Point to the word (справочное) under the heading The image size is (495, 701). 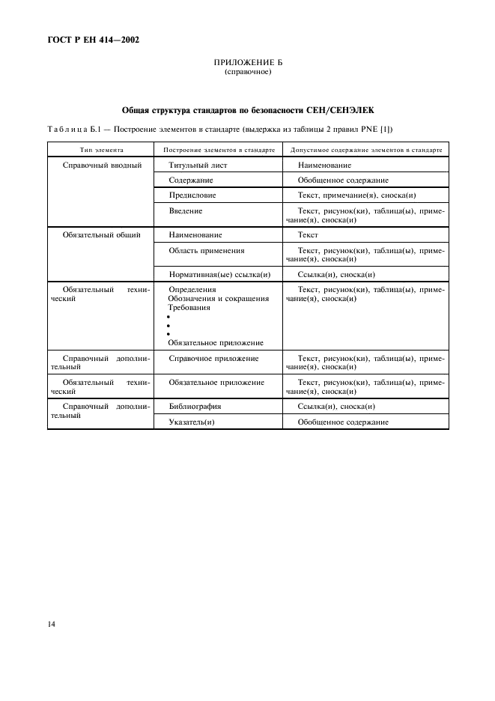(x=247, y=73)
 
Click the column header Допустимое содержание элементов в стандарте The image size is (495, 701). (x=365, y=149)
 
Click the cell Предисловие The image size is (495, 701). (x=192, y=195)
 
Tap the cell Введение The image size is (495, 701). (x=185, y=211)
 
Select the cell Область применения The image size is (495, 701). (x=207, y=250)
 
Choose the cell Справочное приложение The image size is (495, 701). (x=213, y=359)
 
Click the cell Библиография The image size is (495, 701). (x=195, y=406)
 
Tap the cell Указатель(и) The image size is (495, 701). (x=192, y=422)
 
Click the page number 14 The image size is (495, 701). (x=52, y=623)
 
